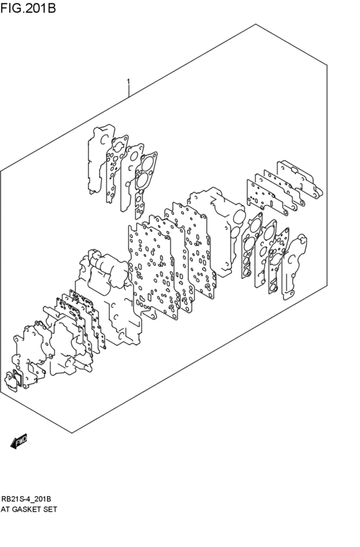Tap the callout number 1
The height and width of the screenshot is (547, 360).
(x=129, y=82)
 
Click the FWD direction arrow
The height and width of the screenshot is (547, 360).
(x=18, y=441)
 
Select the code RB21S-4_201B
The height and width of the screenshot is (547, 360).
(x=26, y=499)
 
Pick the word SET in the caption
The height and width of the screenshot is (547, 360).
(x=51, y=509)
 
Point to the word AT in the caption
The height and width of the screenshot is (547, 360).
(x=6, y=509)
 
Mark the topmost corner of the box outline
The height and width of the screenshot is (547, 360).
(x=256, y=24)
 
